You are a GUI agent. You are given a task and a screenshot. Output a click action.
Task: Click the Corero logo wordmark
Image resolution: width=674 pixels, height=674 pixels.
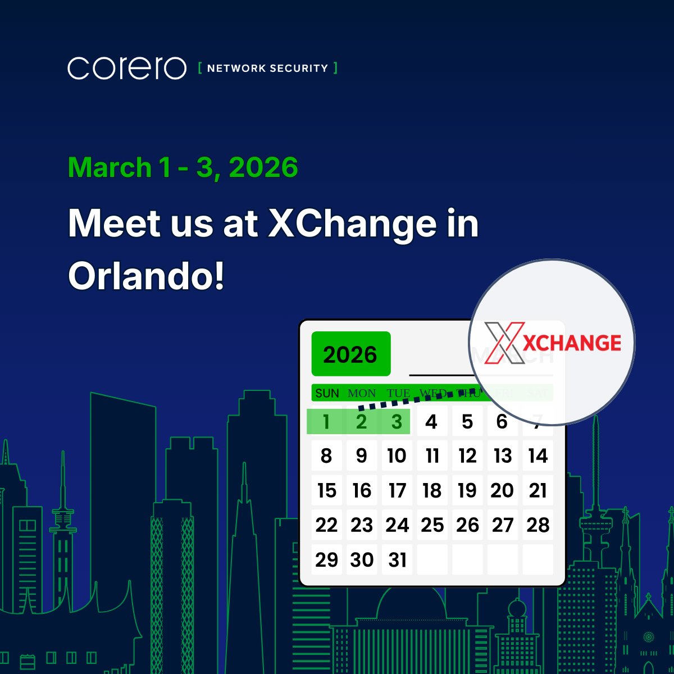[x=127, y=68]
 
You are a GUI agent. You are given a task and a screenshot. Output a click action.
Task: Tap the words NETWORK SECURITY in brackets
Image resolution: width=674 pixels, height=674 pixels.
[x=267, y=69]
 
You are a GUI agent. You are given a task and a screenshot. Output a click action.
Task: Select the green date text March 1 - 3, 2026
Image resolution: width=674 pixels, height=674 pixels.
[x=183, y=167]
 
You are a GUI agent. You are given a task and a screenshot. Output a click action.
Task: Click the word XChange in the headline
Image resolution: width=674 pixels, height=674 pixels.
[x=352, y=224]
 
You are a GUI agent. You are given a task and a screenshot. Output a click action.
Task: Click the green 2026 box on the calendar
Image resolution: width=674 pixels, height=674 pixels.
[x=350, y=354]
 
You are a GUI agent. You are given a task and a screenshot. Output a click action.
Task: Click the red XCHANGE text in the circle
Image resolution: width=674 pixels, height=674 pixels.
[x=572, y=343]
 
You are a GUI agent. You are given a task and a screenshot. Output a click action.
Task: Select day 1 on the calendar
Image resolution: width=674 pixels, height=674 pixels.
[x=326, y=422]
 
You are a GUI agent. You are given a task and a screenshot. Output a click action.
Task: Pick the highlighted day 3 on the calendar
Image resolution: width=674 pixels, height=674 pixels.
[x=397, y=422]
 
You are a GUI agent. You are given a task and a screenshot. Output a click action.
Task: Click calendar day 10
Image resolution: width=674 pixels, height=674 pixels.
[x=397, y=456]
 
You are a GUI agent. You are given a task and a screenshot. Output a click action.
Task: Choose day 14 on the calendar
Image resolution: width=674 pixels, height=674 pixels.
[x=538, y=456]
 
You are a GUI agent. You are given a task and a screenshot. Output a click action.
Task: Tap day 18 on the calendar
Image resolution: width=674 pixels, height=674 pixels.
[x=432, y=490]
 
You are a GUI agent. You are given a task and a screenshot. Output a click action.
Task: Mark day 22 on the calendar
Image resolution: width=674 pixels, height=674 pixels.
[x=326, y=525]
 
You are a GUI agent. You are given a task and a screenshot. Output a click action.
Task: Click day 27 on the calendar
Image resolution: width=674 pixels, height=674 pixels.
[x=503, y=525]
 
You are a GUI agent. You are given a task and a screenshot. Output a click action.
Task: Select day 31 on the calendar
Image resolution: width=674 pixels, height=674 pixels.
[x=397, y=560]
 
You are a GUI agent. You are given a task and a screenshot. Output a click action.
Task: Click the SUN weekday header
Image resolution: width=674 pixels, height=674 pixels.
[x=327, y=393]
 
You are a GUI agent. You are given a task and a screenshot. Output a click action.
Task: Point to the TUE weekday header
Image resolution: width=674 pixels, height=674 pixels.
[x=398, y=393]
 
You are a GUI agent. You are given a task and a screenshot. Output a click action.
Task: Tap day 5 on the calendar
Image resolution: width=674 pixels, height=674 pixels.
[x=467, y=422]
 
